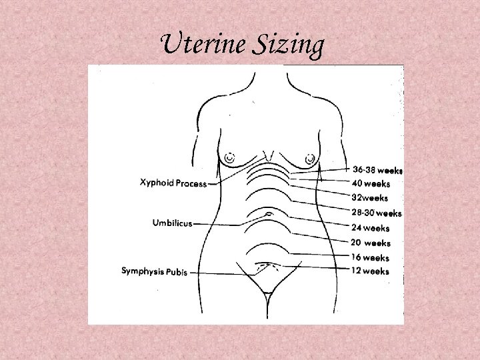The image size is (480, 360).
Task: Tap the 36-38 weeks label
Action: point(377,170)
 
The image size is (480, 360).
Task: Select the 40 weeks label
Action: point(371,183)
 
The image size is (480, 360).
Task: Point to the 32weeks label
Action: point(370,198)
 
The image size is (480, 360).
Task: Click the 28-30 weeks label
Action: point(376,213)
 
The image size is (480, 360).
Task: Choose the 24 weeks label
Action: point(371,228)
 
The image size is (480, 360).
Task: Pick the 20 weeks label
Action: point(371,243)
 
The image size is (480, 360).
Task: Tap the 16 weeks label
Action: point(371,257)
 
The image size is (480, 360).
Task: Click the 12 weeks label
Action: point(371,271)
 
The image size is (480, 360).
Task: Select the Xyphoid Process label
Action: point(173,183)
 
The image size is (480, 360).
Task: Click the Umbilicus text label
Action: point(173,223)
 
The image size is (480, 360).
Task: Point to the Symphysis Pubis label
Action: point(154,271)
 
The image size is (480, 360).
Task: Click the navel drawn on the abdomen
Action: point(268,214)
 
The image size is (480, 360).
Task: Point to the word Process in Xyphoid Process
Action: point(191,183)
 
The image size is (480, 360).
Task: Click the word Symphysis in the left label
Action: point(141,271)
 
